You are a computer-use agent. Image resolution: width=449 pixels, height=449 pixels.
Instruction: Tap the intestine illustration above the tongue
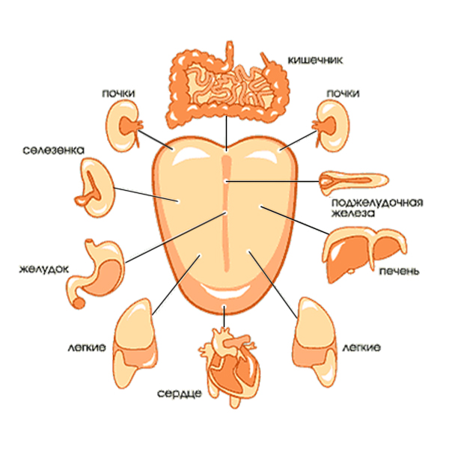[x=224, y=84]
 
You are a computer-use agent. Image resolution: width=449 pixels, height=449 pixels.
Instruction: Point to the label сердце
[x=180, y=392]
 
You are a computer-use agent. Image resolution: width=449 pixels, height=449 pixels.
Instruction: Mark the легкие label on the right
[x=361, y=348]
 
